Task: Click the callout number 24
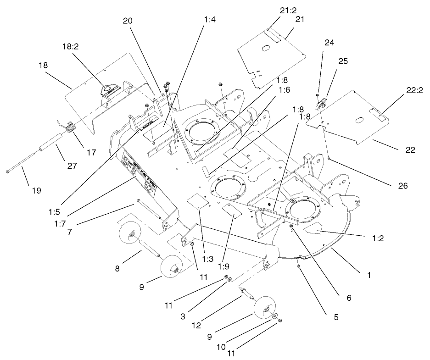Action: coord(329,42)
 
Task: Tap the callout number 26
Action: coord(398,186)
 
